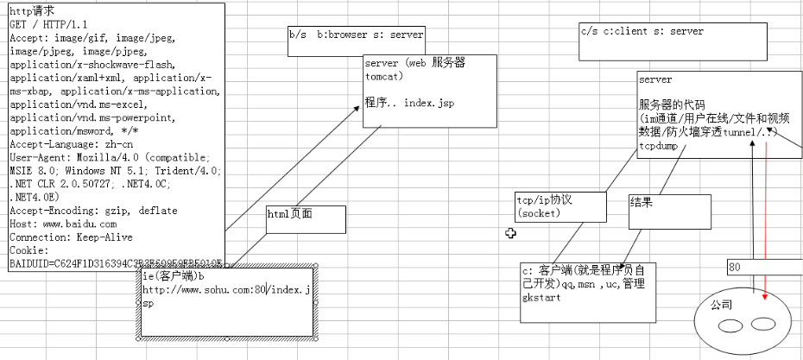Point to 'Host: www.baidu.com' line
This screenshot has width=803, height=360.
pyautogui.click(x=63, y=224)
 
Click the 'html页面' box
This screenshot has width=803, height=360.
pyautogui.click(x=305, y=219)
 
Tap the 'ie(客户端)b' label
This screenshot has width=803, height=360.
pyautogui.click(x=174, y=276)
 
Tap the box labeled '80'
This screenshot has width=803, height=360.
pyautogui.click(x=764, y=268)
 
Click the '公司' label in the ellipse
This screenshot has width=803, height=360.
pyautogui.click(x=721, y=305)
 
